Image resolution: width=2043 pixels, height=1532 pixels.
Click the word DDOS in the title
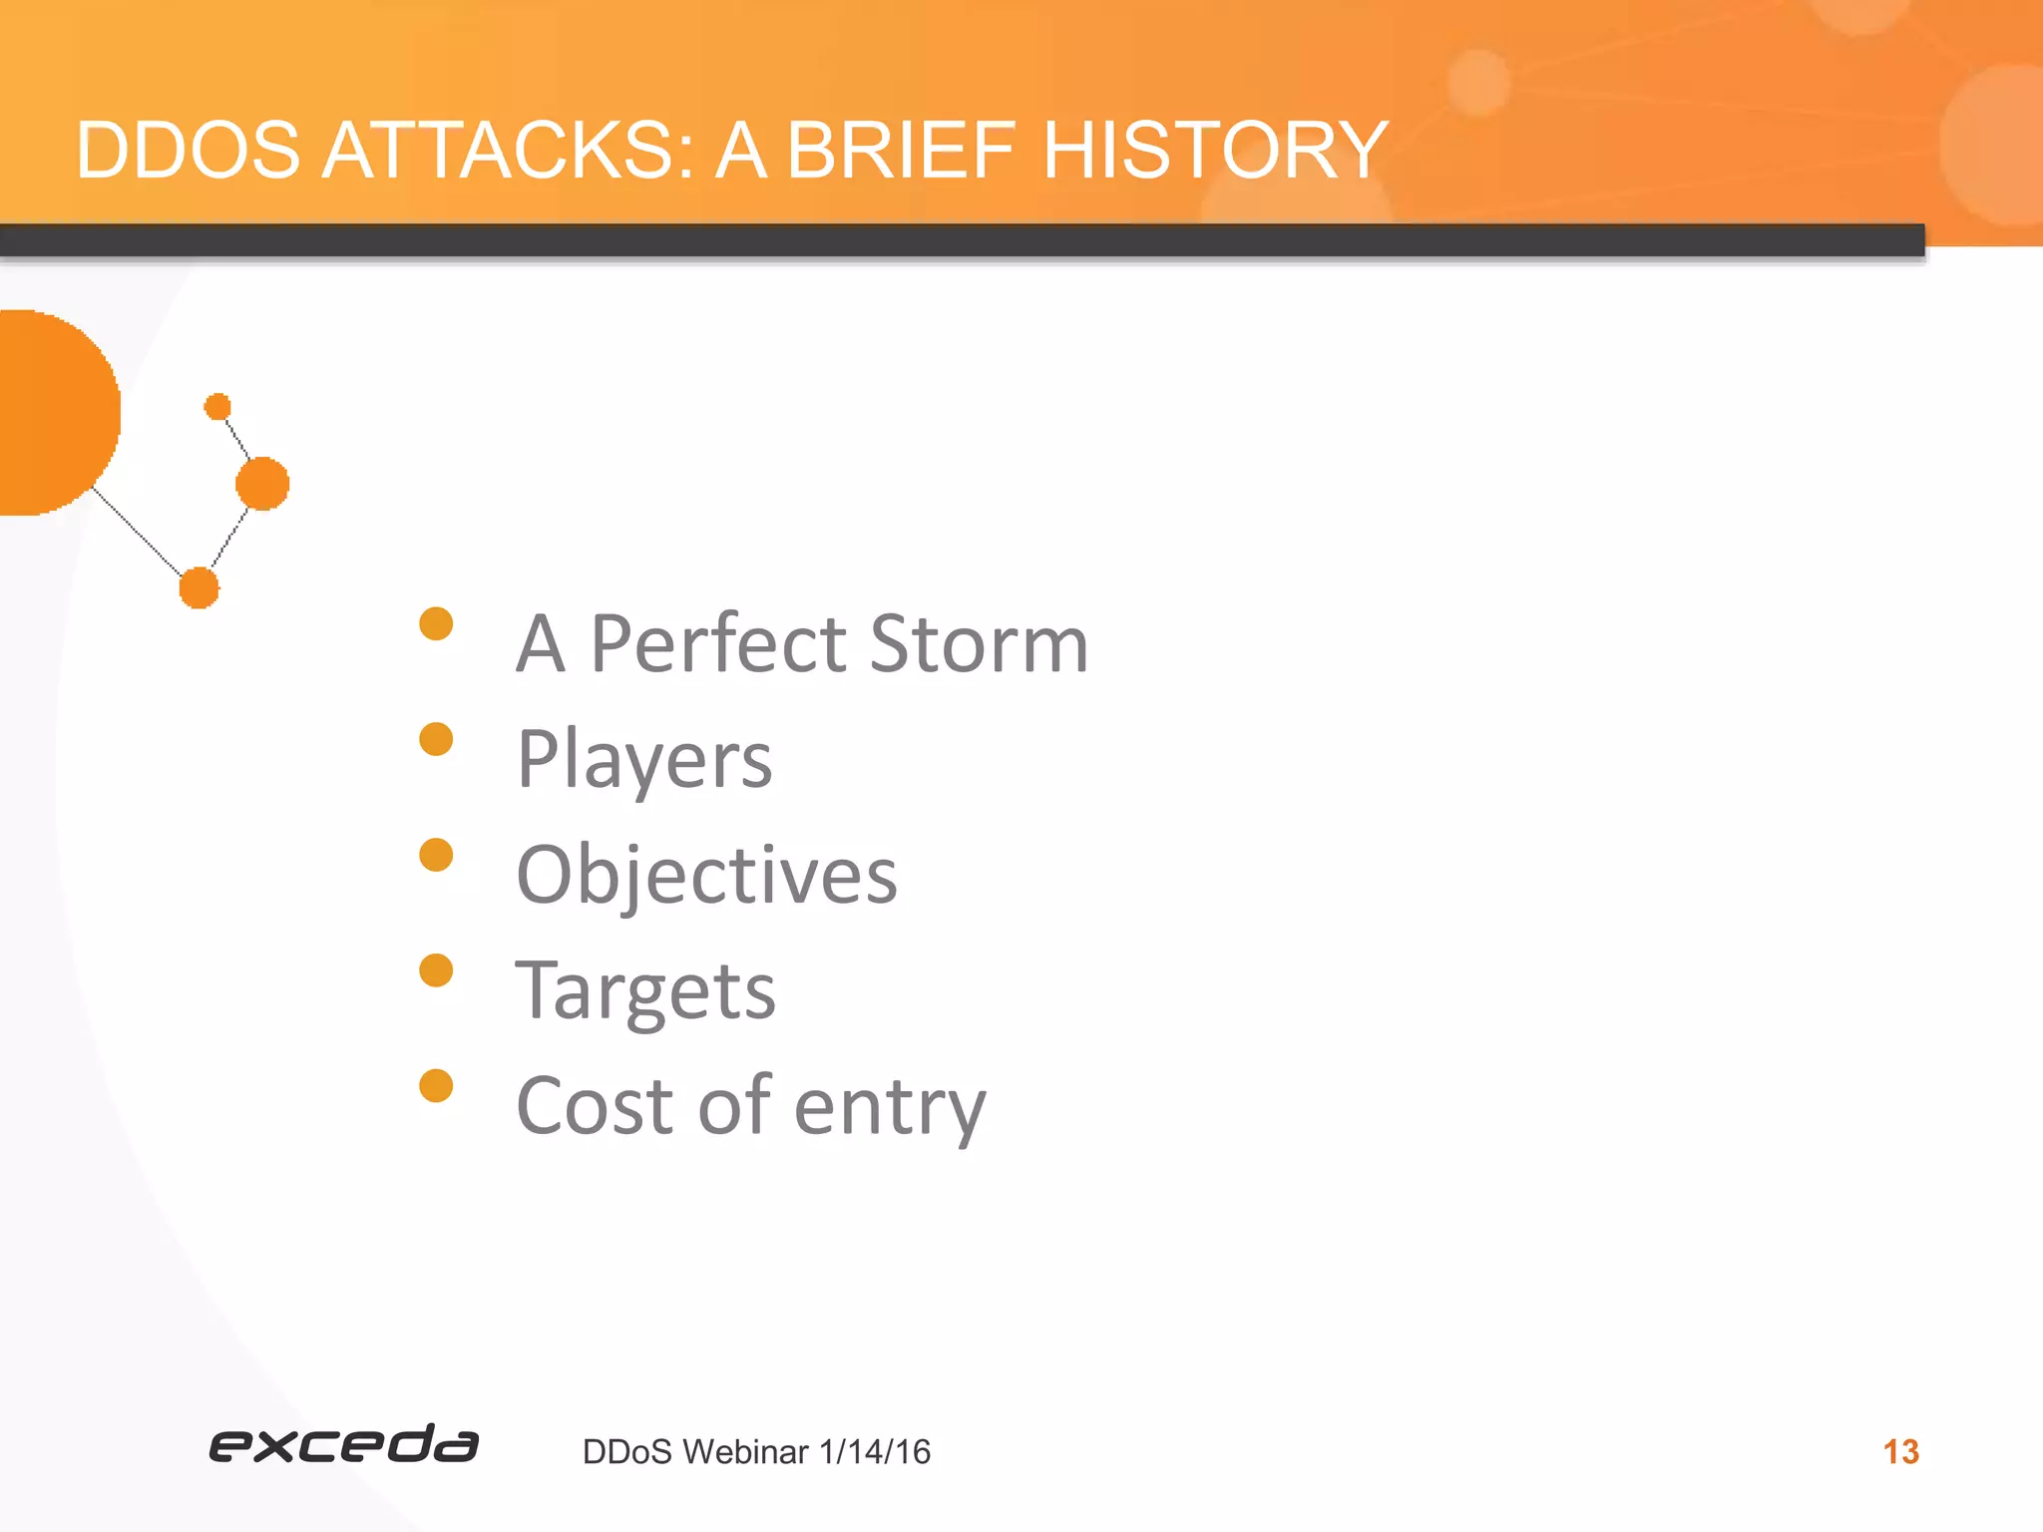coord(188,151)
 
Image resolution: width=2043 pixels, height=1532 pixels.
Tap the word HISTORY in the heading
coord(1214,151)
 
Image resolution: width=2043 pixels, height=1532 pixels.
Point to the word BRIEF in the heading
coord(901,151)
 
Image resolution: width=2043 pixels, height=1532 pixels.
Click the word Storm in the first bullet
coord(979,644)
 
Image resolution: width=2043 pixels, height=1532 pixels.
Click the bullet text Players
coord(644,760)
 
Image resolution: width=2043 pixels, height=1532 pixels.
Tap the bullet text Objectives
coord(706,876)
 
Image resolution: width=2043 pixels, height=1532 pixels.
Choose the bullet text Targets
coord(645,991)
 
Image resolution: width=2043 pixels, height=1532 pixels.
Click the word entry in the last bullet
coord(890,1107)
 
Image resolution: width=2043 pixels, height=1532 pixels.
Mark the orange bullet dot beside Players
coord(436,739)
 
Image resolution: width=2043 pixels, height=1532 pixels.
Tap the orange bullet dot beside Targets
coord(436,969)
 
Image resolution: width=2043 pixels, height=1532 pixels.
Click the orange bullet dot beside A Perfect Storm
coord(436,623)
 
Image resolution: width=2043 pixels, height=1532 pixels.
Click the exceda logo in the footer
coord(343,1445)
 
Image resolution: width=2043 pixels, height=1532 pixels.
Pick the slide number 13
coord(1900,1452)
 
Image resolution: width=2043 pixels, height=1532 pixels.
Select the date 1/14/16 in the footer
coord(874,1452)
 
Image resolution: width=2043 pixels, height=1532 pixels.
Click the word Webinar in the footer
coord(744,1452)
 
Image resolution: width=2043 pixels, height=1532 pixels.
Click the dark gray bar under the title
coord(958,240)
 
